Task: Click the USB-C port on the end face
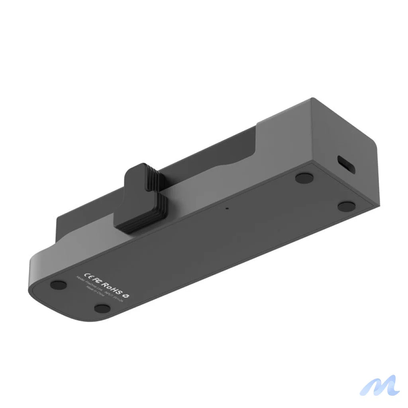tap(346, 165)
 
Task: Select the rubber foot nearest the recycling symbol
tap(102, 308)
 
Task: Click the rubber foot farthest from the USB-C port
tap(59, 284)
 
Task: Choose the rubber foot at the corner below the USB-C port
tap(346, 206)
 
